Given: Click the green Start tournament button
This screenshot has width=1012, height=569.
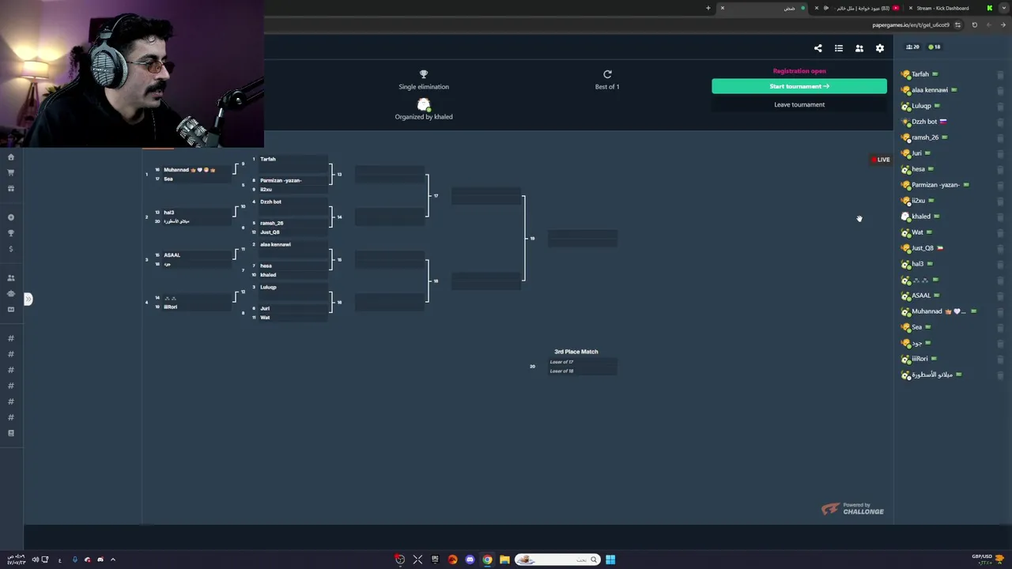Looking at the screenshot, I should [799, 86].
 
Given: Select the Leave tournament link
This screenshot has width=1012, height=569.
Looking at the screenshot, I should [799, 104].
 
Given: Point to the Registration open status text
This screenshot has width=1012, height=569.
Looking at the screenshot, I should [799, 71].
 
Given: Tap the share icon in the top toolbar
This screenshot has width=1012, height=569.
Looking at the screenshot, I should [818, 48].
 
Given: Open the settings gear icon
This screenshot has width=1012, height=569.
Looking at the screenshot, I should [879, 48].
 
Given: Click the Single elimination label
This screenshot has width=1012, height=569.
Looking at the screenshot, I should [423, 87].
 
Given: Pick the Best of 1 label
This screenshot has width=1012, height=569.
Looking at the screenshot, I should [606, 87].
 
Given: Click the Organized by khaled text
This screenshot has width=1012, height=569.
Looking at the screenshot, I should [424, 117].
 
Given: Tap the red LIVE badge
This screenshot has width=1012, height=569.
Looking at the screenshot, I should [881, 160].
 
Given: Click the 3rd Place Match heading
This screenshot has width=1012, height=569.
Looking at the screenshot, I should [576, 352].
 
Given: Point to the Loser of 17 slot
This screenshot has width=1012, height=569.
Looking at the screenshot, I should [562, 362].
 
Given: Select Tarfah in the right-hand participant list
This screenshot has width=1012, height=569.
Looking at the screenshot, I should [920, 74].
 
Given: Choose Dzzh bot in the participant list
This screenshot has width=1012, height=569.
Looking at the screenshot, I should [924, 122].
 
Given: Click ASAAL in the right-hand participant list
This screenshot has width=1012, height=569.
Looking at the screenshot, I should [921, 296].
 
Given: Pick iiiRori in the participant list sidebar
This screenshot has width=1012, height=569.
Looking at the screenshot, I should [919, 359].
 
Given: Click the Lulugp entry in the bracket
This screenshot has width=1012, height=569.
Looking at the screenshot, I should [269, 287].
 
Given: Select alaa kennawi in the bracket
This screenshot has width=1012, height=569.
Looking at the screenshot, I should [275, 244].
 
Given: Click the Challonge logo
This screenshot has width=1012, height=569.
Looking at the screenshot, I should [852, 510].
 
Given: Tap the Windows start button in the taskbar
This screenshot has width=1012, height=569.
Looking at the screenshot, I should [610, 560].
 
